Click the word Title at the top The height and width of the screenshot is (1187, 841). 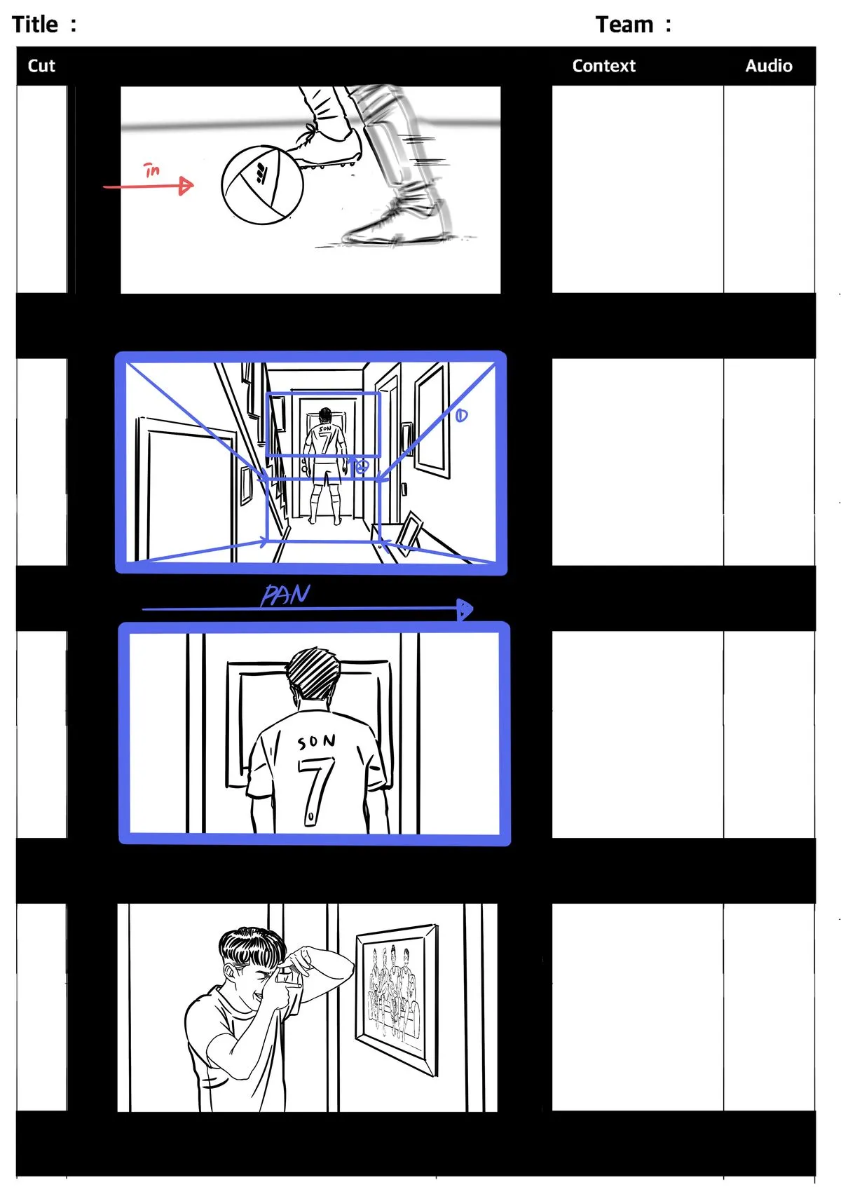click(x=35, y=25)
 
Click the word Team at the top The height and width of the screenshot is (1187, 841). click(x=624, y=25)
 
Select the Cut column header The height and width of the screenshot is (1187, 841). click(x=41, y=66)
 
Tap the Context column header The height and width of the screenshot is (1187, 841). click(x=603, y=66)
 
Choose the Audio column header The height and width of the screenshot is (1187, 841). click(x=768, y=66)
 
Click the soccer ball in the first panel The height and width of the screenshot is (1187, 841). click(x=262, y=185)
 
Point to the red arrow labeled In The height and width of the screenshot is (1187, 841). click(x=149, y=186)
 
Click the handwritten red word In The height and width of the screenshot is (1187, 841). click(x=151, y=170)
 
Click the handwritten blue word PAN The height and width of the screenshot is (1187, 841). click(x=285, y=595)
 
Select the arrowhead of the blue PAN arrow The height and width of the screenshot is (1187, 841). click(x=465, y=609)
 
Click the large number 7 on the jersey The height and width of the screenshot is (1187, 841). click(x=316, y=790)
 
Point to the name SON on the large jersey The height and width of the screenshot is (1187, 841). click(x=316, y=741)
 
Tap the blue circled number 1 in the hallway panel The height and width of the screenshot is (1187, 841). click(x=461, y=416)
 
